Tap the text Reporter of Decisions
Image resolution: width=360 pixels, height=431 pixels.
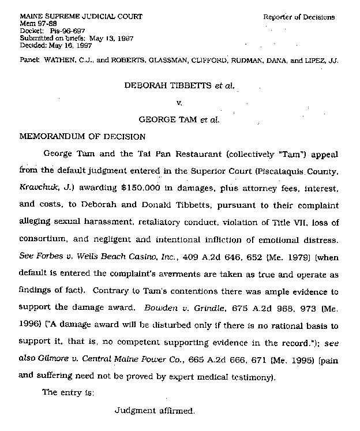coord(299,17)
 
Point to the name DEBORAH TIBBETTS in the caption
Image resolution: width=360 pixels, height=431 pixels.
coord(167,85)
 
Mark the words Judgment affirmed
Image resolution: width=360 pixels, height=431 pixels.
coord(155,411)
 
